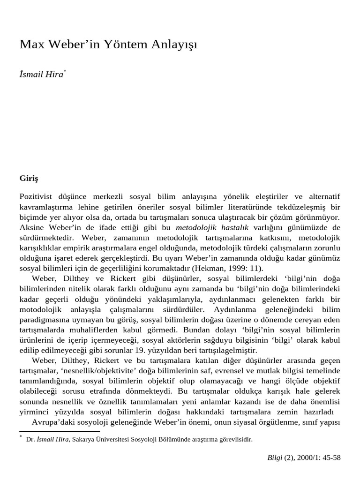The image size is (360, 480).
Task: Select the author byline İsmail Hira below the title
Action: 41,75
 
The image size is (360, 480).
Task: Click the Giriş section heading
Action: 28,179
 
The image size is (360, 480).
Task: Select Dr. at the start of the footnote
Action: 30,440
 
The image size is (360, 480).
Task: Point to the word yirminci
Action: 34,412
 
